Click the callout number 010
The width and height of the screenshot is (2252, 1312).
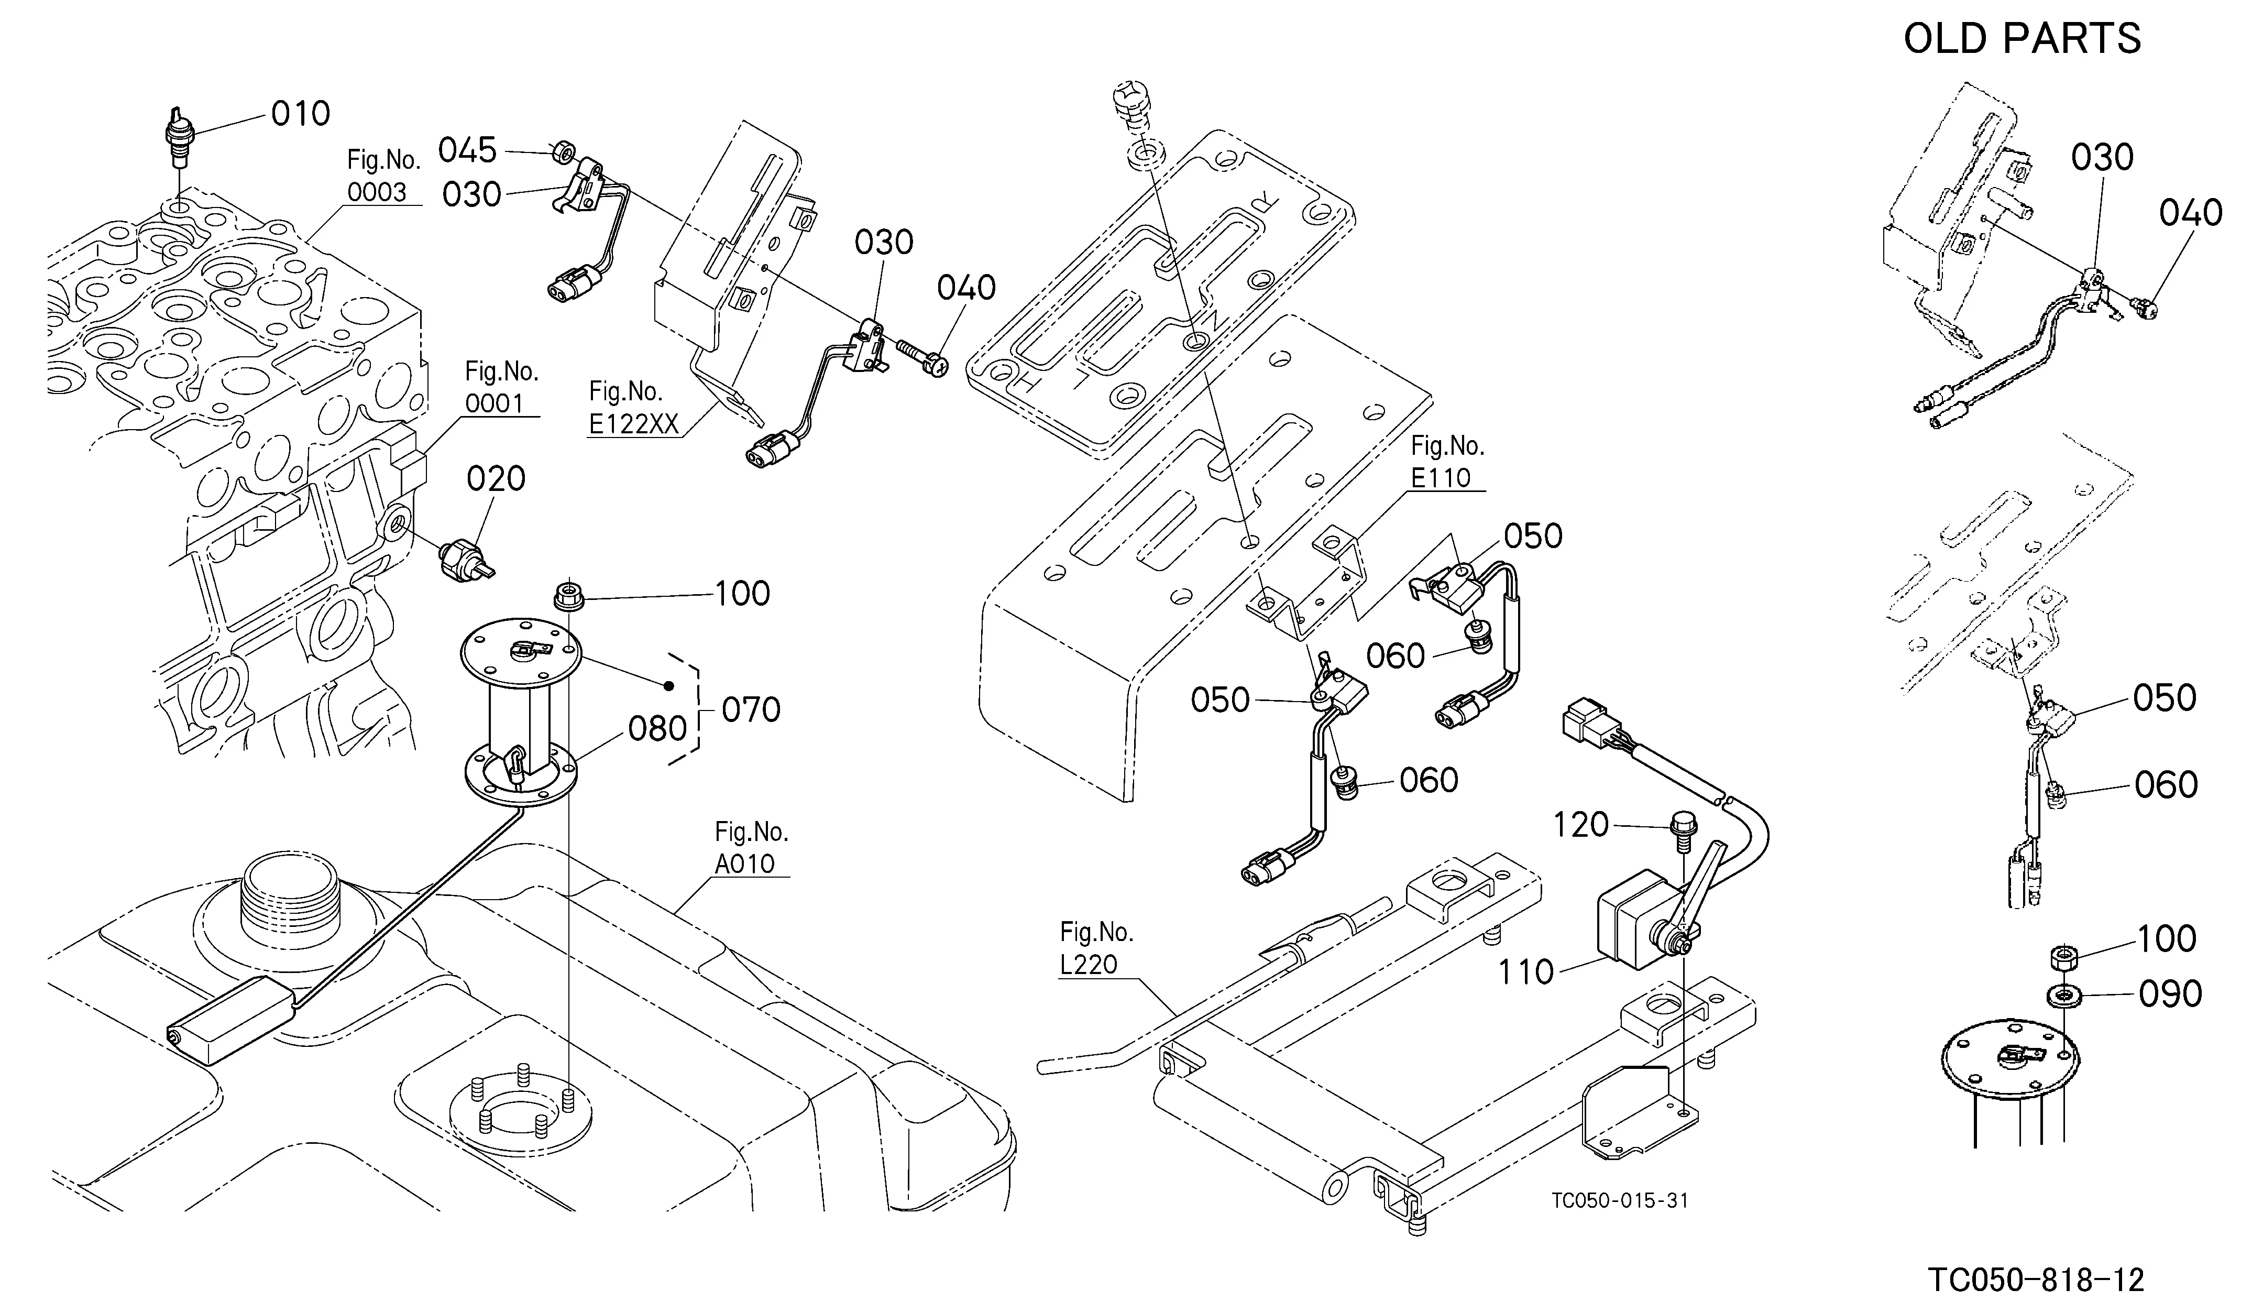(x=300, y=114)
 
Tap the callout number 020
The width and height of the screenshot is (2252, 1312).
(x=496, y=479)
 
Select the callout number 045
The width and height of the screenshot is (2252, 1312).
(x=467, y=151)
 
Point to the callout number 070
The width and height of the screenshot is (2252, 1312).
(x=751, y=710)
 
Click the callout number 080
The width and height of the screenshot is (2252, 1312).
(x=658, y=729)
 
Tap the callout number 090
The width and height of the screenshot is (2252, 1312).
(x=2170, y=994)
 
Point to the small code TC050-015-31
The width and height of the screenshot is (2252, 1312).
(x=1620, y=1200)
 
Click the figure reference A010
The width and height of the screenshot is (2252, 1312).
(x=744, y=864)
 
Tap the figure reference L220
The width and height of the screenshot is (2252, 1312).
(x=1089, y=964)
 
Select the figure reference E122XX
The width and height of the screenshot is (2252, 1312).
(x=634, y=424)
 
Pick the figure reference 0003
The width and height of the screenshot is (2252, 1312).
(x=377, y=192)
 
